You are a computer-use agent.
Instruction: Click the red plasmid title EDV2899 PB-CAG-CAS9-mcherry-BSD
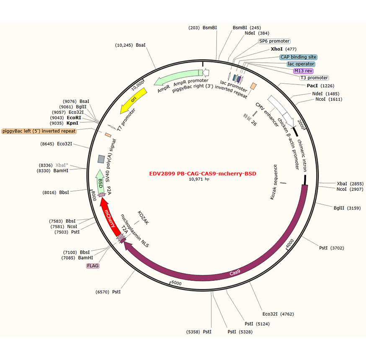[x=202, y=173]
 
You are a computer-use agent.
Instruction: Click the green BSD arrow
[x=100, y=181]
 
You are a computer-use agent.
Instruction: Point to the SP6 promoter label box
[x=274, y=41]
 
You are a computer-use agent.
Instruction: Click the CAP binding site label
[x=298, y=57]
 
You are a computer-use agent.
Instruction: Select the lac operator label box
[x=301, y=64]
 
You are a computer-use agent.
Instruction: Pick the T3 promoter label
[x=314, y=78]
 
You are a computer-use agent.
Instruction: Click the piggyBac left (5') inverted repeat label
[x=39, y=131]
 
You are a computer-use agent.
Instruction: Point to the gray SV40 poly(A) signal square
[x=101, y=159]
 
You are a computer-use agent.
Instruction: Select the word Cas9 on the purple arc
[x=235, y=273]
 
